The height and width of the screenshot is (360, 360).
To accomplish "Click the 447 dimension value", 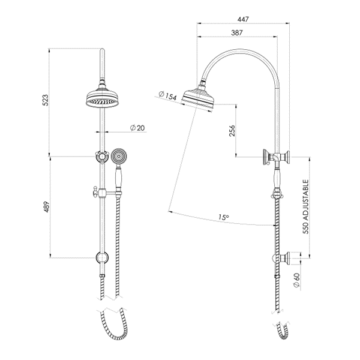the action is coord(243,19).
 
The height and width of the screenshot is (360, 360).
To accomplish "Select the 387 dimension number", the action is coord(237,33).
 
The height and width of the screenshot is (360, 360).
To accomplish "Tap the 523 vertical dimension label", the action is coord(46,100).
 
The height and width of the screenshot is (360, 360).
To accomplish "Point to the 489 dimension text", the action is coord(46,207).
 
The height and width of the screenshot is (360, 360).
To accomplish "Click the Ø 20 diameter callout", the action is coord(138,128).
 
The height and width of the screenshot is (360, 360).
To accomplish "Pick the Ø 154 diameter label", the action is coord(168,96).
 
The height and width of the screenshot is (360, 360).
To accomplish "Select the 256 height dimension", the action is coord(233,131).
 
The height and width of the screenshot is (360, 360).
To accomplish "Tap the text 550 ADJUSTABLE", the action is coord(305,206).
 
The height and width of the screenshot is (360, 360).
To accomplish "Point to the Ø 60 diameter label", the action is coord(296,280).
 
